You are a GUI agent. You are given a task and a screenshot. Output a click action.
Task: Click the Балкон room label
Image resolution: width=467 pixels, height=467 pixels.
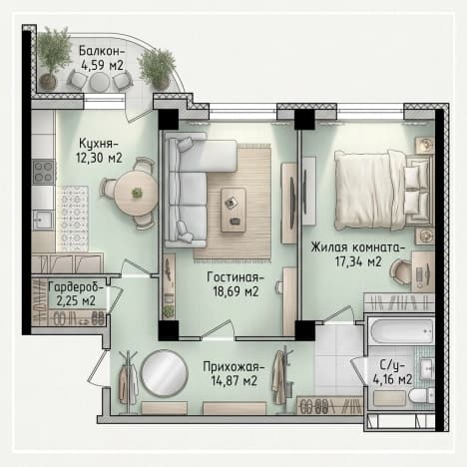pos(102,51)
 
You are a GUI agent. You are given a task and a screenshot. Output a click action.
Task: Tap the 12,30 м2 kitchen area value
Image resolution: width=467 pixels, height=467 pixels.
pos(99,158)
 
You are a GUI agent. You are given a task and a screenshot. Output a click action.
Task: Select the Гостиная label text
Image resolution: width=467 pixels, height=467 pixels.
pos(235,276)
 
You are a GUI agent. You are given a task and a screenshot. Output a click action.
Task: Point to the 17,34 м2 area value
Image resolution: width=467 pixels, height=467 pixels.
pos(358,262)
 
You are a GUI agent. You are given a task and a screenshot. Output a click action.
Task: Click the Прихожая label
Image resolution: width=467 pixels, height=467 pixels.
pos(233,367)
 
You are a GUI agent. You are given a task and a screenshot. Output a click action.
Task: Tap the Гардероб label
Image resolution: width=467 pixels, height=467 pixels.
pos(76,286)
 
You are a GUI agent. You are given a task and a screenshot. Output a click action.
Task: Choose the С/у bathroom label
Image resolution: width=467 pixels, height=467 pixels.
pos(392,365)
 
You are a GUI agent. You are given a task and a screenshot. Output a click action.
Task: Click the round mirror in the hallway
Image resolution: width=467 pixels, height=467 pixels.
pos(164,373)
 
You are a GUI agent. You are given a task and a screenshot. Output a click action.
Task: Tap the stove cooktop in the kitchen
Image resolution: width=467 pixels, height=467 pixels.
pos(44,172)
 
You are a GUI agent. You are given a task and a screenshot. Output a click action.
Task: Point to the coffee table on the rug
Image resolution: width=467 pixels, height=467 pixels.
pos(233,210)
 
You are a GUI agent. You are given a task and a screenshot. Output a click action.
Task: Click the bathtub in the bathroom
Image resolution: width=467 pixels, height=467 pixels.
pos(402,330)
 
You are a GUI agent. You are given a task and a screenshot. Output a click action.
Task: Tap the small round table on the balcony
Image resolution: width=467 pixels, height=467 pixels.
pos(99,82)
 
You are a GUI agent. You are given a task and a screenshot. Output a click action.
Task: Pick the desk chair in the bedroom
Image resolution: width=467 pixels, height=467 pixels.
pos(401,271)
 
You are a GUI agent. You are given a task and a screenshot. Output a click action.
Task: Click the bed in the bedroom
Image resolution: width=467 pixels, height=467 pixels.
pos(383,190)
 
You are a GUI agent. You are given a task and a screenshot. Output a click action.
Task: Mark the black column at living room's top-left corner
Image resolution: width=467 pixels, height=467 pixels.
pos(169,119)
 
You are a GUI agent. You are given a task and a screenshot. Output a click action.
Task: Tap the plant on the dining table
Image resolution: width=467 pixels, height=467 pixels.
pos(137,193)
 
